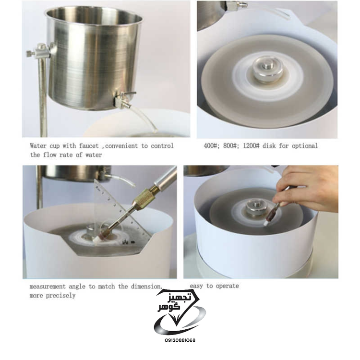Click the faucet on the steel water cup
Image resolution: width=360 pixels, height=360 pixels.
(x=123, y=99)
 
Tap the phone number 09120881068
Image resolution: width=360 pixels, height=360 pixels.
(x=180, y=340)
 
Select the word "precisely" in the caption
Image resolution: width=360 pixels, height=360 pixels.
(x=60, y=296)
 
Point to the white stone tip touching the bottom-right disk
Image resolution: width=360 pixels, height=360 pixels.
(x=266, y=223)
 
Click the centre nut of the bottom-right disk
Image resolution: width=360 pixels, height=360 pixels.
(x=256, y=208)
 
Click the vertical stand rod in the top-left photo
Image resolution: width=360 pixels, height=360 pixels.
(x=43, y=96)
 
